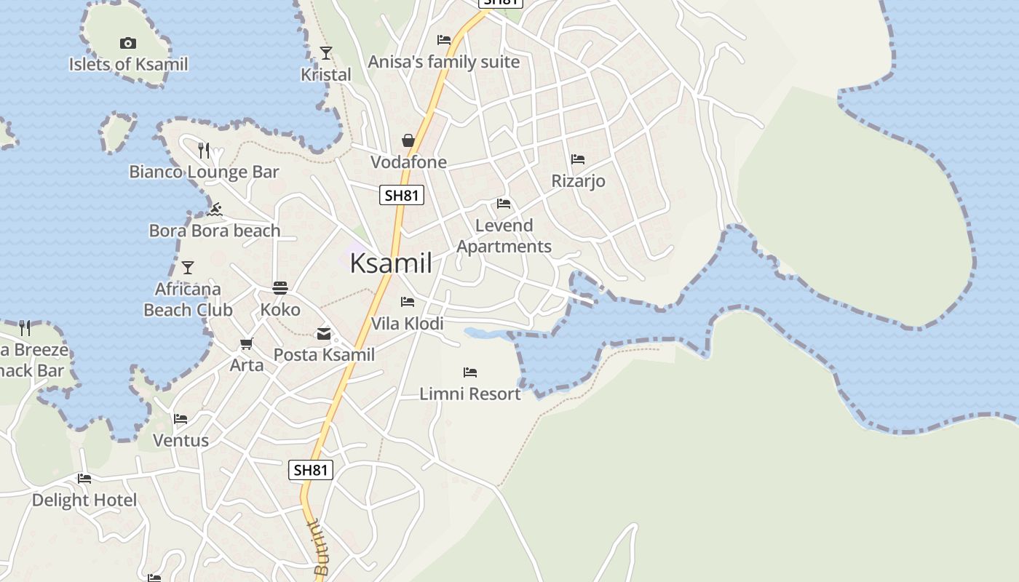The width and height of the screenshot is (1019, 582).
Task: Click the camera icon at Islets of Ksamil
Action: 127,44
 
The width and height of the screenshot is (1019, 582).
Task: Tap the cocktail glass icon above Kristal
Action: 326,53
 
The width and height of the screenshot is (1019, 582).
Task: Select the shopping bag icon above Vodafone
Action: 408,140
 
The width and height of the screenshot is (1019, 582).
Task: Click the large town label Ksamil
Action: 391,263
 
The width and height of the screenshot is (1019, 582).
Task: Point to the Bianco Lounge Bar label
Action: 204,172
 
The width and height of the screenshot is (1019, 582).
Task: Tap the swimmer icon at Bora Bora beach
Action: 214,210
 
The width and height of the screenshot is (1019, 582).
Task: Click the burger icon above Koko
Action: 280,288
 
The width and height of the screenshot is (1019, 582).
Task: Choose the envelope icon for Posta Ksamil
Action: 324,334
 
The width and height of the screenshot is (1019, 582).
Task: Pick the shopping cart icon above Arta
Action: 247,343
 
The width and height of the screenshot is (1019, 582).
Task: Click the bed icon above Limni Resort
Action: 470,372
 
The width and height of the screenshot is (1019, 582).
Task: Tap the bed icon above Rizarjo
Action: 578,159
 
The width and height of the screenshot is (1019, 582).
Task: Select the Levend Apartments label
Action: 504,236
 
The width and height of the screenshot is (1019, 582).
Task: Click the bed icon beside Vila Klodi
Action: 408,301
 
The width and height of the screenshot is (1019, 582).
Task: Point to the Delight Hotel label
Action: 84,501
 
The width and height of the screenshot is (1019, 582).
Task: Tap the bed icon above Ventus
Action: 181,419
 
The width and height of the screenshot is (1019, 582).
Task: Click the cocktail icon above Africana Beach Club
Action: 188,268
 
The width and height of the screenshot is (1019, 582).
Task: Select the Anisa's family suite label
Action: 444,62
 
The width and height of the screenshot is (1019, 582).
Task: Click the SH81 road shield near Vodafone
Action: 402,195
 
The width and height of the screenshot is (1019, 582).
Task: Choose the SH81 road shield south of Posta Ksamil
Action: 311,470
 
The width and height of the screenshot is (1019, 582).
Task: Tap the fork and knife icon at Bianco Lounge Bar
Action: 204,151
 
